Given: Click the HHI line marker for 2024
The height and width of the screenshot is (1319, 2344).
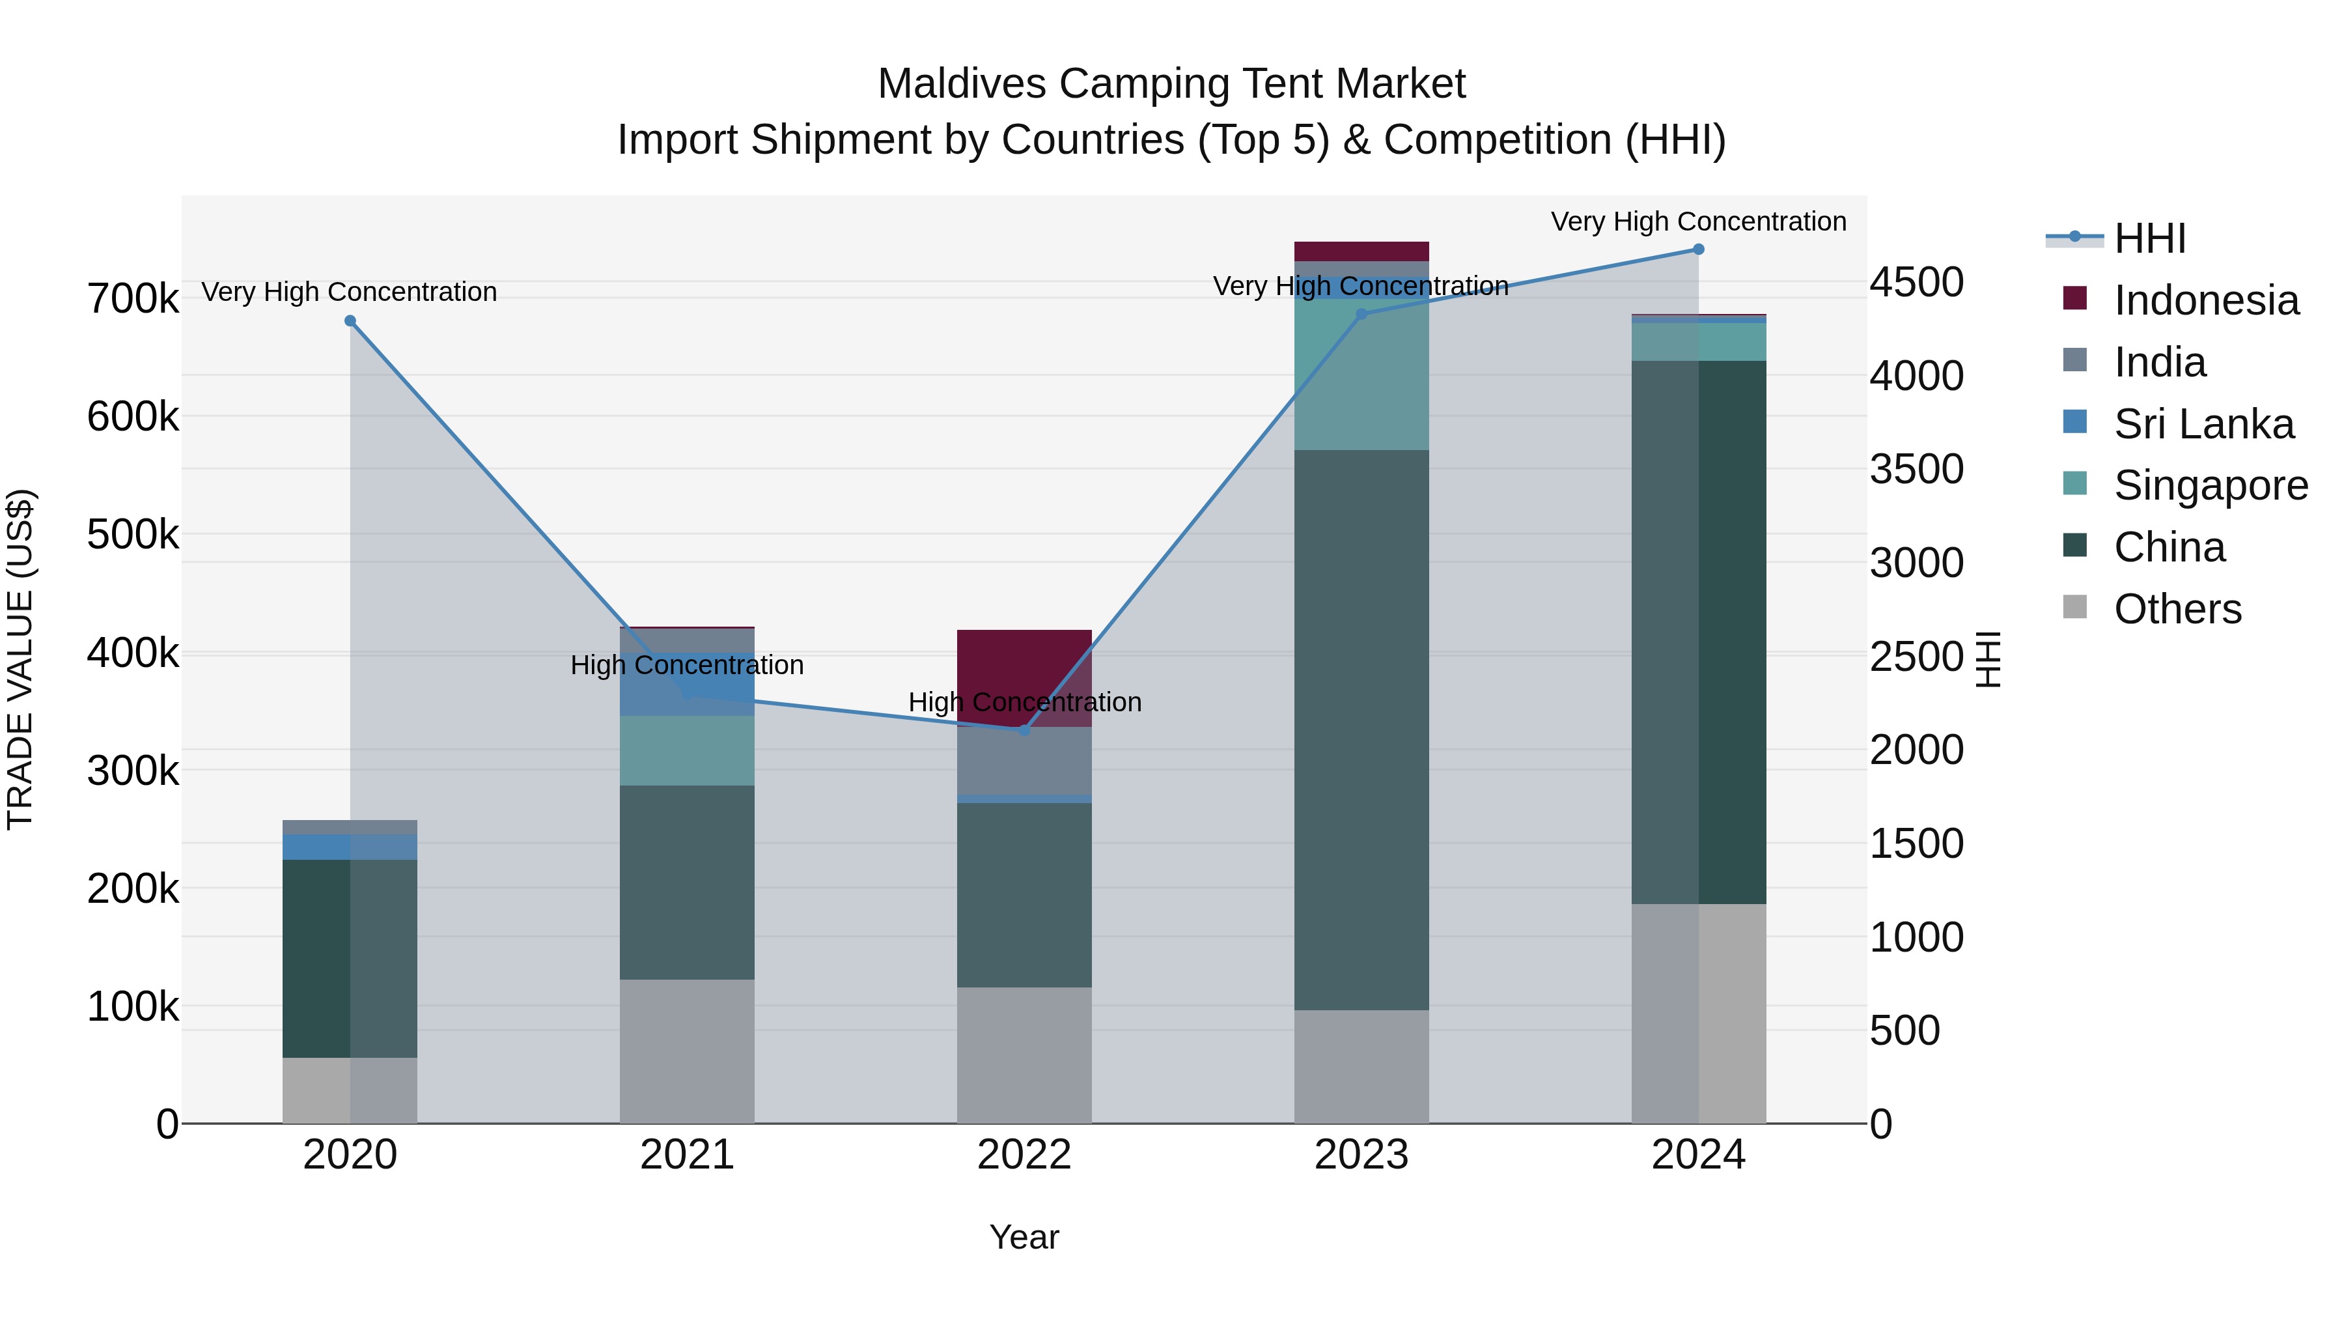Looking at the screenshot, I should tap(1698, 249).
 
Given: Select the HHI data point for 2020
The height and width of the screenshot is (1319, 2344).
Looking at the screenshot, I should tap(350, 321).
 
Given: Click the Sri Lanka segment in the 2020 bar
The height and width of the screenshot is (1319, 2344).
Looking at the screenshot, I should tap(350, 847).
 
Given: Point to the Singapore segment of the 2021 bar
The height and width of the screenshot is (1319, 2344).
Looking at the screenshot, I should tap(687, 750).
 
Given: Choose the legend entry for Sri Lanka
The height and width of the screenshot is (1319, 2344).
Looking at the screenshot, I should tap(2203, 424).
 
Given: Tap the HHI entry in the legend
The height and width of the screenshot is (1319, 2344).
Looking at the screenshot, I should tap(2149, 238).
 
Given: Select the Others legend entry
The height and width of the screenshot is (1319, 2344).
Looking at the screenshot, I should tap(2177, 609).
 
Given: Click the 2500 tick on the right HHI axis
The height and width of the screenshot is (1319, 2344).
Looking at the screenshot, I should tap(1916, 657).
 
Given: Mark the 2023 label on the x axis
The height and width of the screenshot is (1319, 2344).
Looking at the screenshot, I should tap(1361, 1155).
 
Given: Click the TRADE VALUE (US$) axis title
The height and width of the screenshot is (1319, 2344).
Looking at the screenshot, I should tap(20, 659).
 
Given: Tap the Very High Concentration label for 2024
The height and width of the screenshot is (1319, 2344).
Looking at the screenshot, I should tap(1698, 221).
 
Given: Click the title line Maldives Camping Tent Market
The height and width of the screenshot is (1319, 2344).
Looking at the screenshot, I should tap(1171, 84).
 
